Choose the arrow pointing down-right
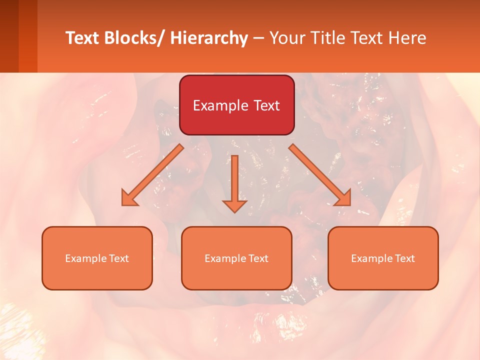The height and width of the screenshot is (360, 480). (320, 175)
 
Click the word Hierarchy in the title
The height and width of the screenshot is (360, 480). (209, 38)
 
